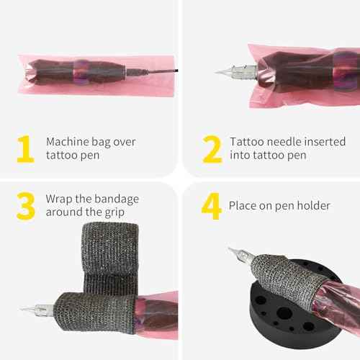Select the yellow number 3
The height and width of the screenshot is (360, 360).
coord(26,206)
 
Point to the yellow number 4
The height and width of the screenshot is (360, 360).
coord(211,206)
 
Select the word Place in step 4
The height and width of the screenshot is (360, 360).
coord(243,206)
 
